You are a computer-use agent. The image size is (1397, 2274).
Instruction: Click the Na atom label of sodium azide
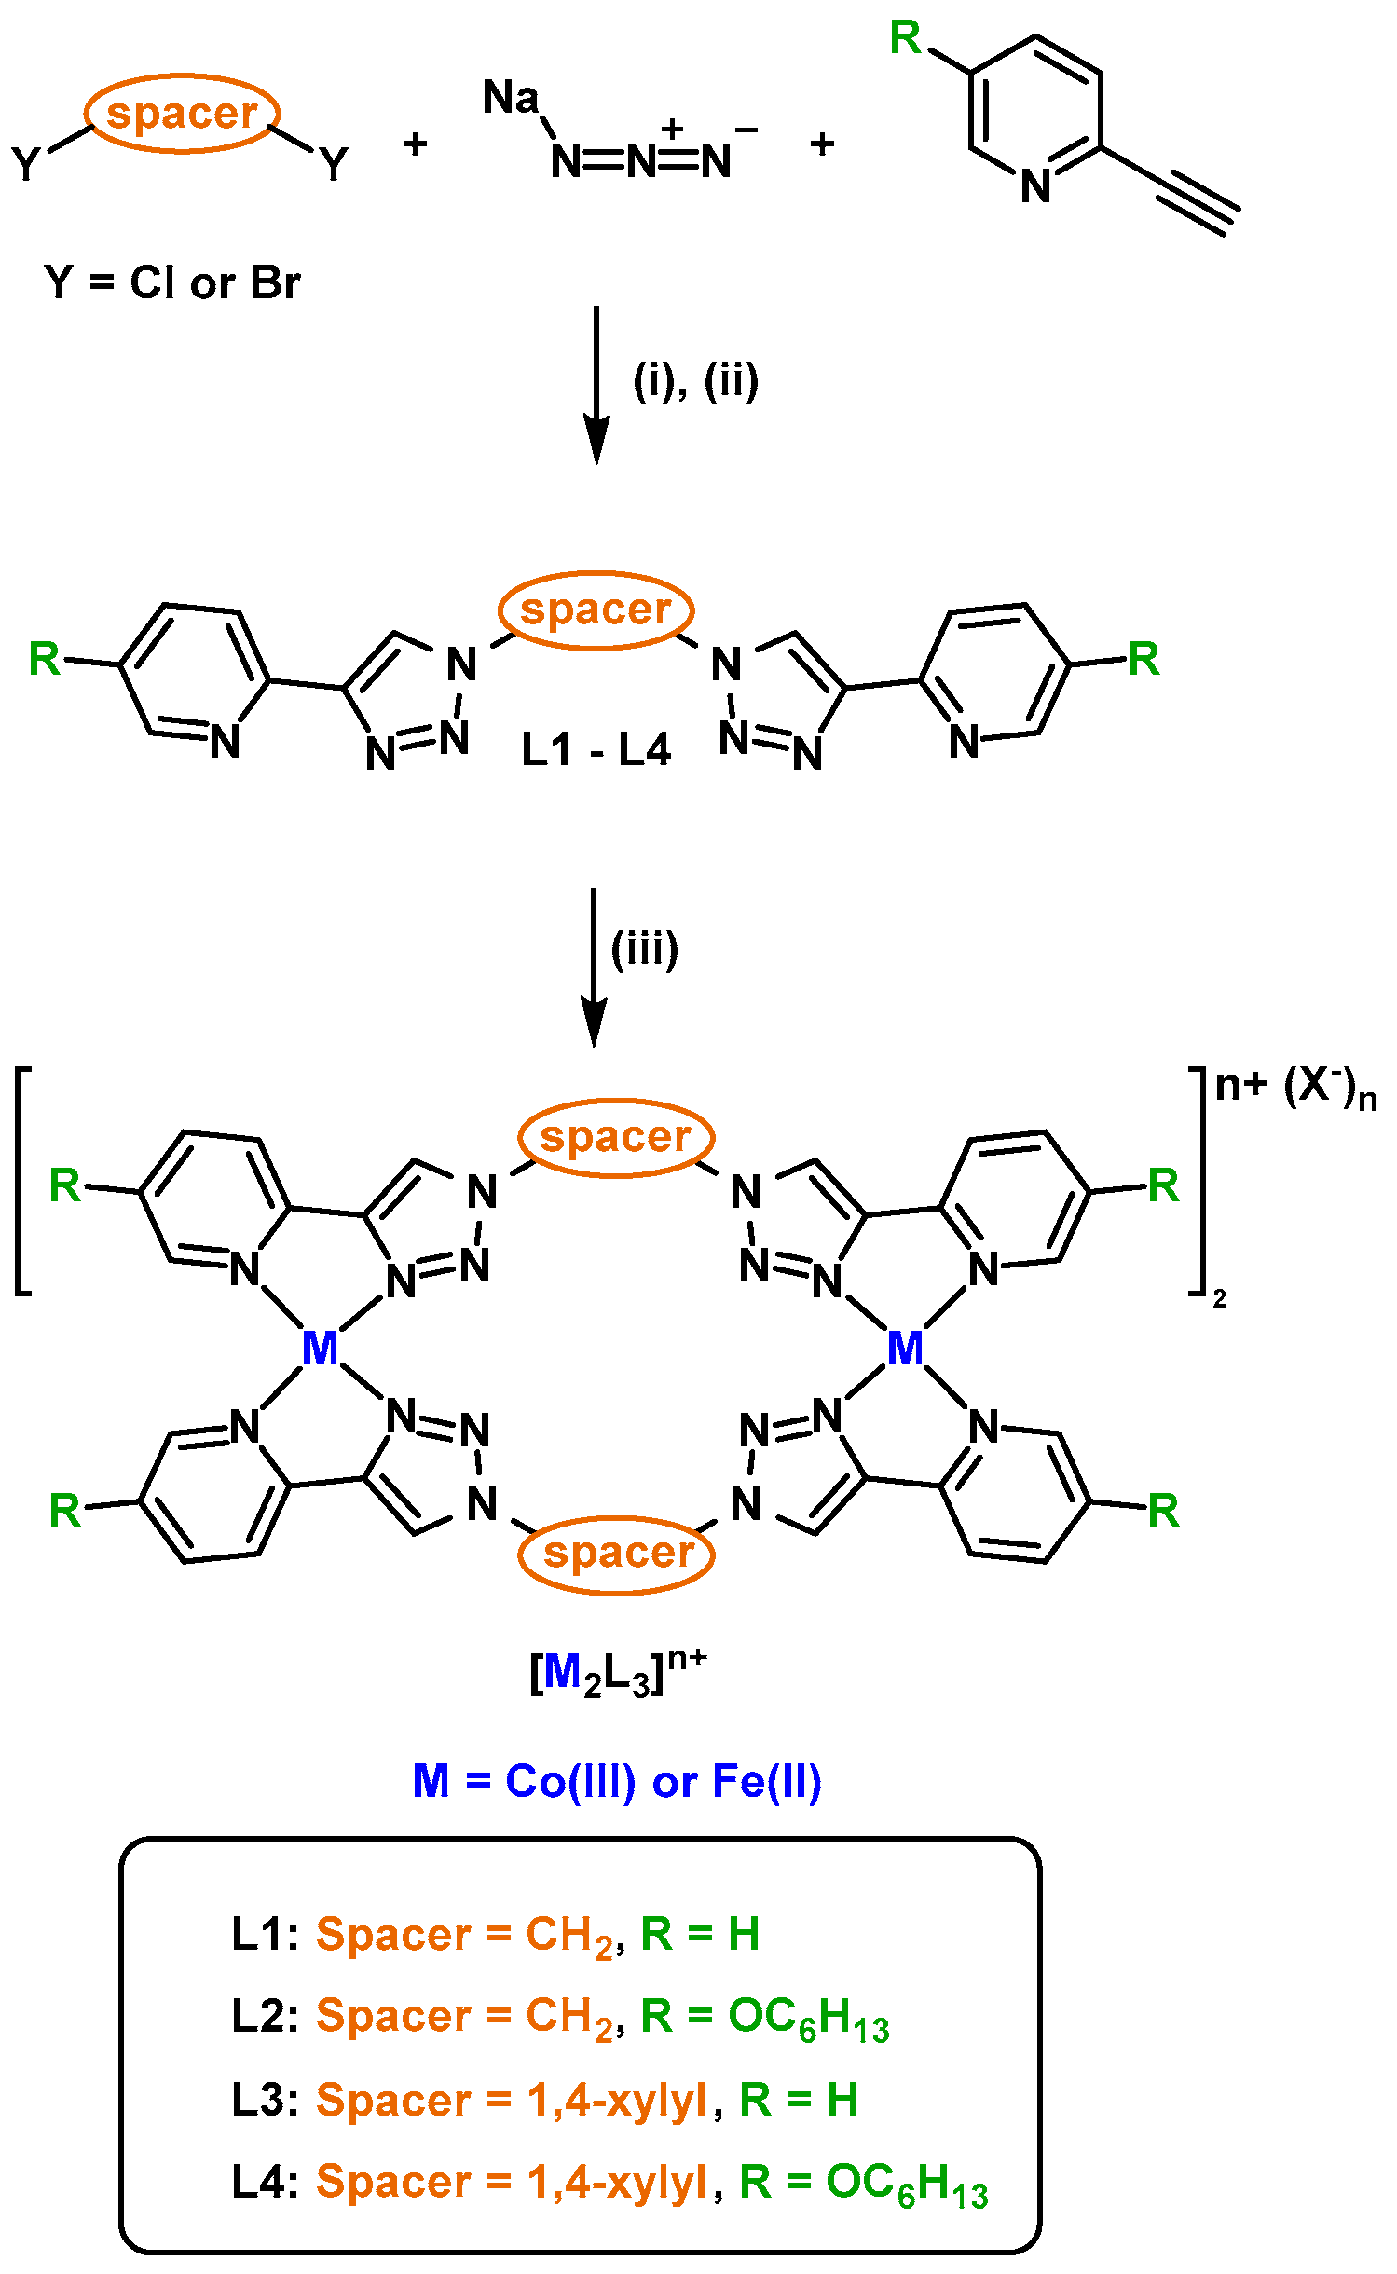pyautogui.click(x=511, y=98)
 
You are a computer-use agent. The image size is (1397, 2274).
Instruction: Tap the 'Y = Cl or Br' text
pyautogui.click(x=172, y=282)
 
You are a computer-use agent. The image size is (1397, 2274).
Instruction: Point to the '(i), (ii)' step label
pyautogui.click(x=696, y=380)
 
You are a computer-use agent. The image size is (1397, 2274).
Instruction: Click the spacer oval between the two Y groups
pyautogui.click(x=183, y=114)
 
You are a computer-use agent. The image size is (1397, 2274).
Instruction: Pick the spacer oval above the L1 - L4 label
pyautogui.click(x=596, y=610)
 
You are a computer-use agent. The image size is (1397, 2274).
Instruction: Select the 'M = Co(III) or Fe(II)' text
pyautogui.click(x=617, y=1781)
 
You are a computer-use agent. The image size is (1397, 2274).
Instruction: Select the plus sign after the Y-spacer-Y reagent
pyautogui.click(x=415, y=144)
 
